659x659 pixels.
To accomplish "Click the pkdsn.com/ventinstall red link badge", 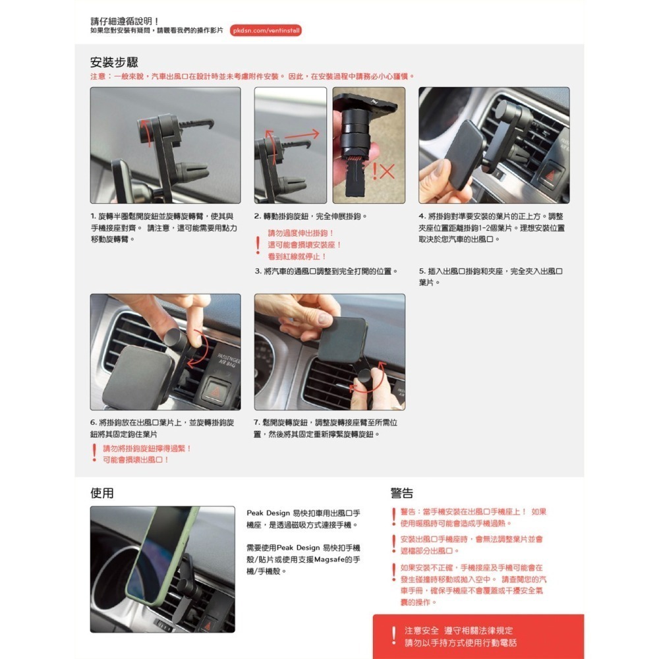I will coord(266,30).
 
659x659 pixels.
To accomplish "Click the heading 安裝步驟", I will coord(113,63).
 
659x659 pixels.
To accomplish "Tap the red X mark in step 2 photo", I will coord(387,172).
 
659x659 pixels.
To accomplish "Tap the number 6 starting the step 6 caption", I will coord(93,422).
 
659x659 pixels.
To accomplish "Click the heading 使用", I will coord(102,493).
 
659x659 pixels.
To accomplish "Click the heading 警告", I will coord(402,494).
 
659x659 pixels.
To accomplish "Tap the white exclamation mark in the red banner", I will coord(393,636).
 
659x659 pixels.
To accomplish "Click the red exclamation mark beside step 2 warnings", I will coord(258,245).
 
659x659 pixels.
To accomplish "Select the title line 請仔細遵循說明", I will coord(125,21).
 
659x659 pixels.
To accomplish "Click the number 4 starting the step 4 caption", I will coord(421,216).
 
